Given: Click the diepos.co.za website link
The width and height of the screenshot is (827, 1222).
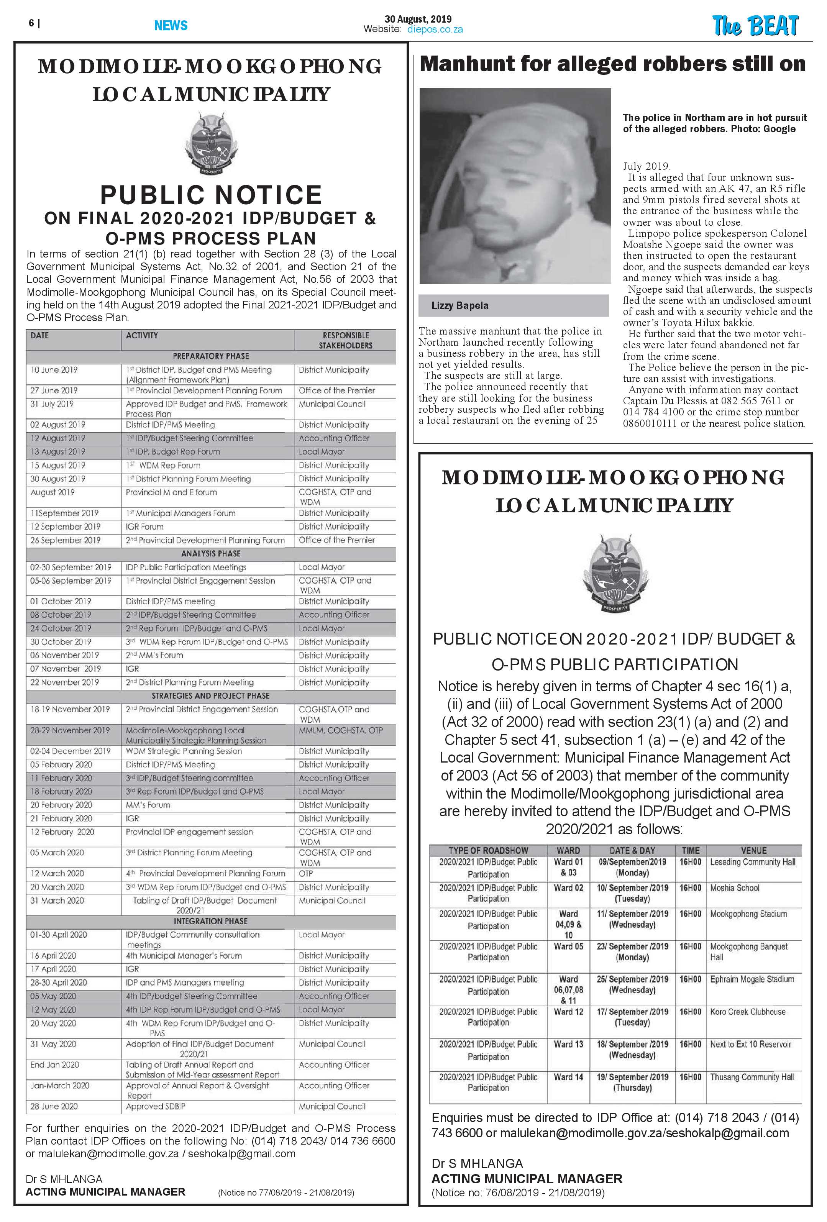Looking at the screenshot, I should pos(435,30).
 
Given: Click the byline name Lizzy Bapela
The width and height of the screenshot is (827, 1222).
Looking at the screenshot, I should pos(459,305).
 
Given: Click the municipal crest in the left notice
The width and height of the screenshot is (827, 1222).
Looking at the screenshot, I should pos(212,144).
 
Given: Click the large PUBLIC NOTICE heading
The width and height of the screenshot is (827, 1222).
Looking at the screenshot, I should pos(211,195).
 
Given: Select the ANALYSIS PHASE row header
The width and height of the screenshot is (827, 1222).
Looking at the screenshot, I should pos(211,554).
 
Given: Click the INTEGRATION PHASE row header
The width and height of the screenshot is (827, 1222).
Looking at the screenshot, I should pos(211,921).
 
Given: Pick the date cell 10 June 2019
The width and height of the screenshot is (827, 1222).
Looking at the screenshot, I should pos(54,370).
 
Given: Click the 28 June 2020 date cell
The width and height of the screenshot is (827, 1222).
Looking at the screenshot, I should pos(54,1106).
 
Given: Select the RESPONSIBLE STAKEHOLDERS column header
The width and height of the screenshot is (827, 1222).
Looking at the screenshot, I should pos(346,340).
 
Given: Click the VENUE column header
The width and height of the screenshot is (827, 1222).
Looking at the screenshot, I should pos(753,850).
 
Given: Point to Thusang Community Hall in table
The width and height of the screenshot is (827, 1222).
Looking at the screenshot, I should pos(752,1077).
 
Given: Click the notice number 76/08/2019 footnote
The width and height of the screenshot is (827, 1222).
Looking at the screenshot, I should pos(517,1192).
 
